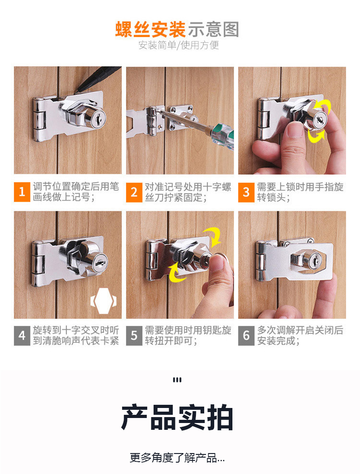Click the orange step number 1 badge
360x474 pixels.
[22, 192]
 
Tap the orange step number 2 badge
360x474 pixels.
[134, 192]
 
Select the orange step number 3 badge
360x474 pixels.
[246, 192]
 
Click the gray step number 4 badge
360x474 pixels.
[22, 336]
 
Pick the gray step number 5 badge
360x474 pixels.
[134, 336]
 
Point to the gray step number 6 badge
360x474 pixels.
[246, 336]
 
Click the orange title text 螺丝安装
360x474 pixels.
[150, 29]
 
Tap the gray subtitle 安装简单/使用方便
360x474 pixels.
[179, 46]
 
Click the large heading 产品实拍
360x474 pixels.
[177, 418]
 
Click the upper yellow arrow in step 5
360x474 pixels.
[212, 236]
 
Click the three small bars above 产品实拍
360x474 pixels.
[177, 380]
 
